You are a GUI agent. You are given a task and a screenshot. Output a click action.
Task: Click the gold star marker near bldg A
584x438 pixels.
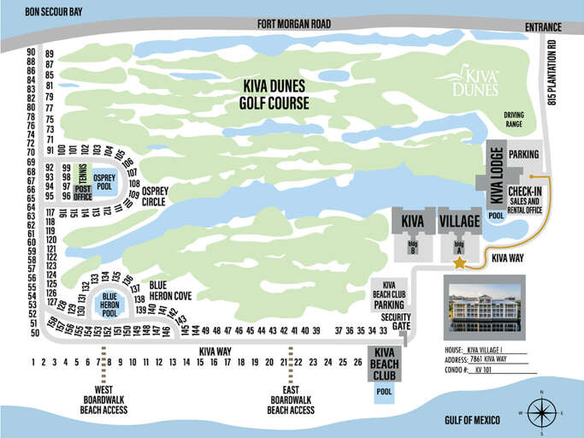coord(459,264)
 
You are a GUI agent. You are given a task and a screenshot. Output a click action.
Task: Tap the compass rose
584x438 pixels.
coord(541,413)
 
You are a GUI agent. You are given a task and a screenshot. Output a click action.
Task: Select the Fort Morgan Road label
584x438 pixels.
coord(293,25)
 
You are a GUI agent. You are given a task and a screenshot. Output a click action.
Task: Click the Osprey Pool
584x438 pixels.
coord(103,181)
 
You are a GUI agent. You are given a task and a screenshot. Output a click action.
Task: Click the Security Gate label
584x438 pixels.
coord(396,321)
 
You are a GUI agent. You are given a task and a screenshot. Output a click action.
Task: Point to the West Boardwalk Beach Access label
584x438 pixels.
coord(105,400)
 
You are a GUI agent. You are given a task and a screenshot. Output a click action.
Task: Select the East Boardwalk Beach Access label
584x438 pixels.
coord(291,400)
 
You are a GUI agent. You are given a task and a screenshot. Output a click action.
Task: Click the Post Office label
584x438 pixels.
coord(82,192)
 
